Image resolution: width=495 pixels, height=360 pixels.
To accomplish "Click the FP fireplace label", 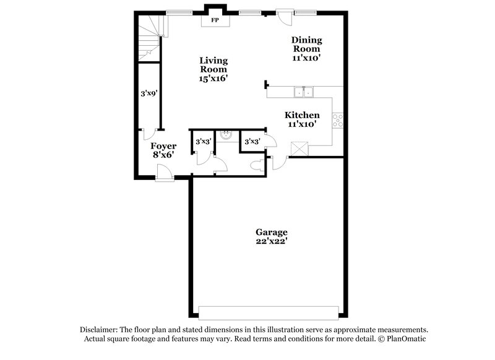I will [215, 20].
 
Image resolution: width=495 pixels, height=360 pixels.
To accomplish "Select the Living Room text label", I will [213, 65].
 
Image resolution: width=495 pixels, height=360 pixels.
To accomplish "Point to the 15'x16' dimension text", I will [213, 79].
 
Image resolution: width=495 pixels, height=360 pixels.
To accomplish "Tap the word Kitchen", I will [302, 115].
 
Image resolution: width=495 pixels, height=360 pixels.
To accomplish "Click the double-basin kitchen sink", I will [304, 92].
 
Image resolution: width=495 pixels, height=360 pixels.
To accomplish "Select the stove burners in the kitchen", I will [338, 120].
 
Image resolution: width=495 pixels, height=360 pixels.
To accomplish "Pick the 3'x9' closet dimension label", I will [148, 93].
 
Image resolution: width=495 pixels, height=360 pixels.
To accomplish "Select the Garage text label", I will [270, 233].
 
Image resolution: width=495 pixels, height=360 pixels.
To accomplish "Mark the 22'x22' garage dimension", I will [270, 242].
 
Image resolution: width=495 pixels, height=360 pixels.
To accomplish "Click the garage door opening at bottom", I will [269, 311].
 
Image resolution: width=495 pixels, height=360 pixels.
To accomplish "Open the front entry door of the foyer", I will [165, 175].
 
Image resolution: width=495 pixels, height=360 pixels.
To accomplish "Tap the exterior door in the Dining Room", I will [285, 17].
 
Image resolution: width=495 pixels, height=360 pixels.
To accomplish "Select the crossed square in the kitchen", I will [300, 148].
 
